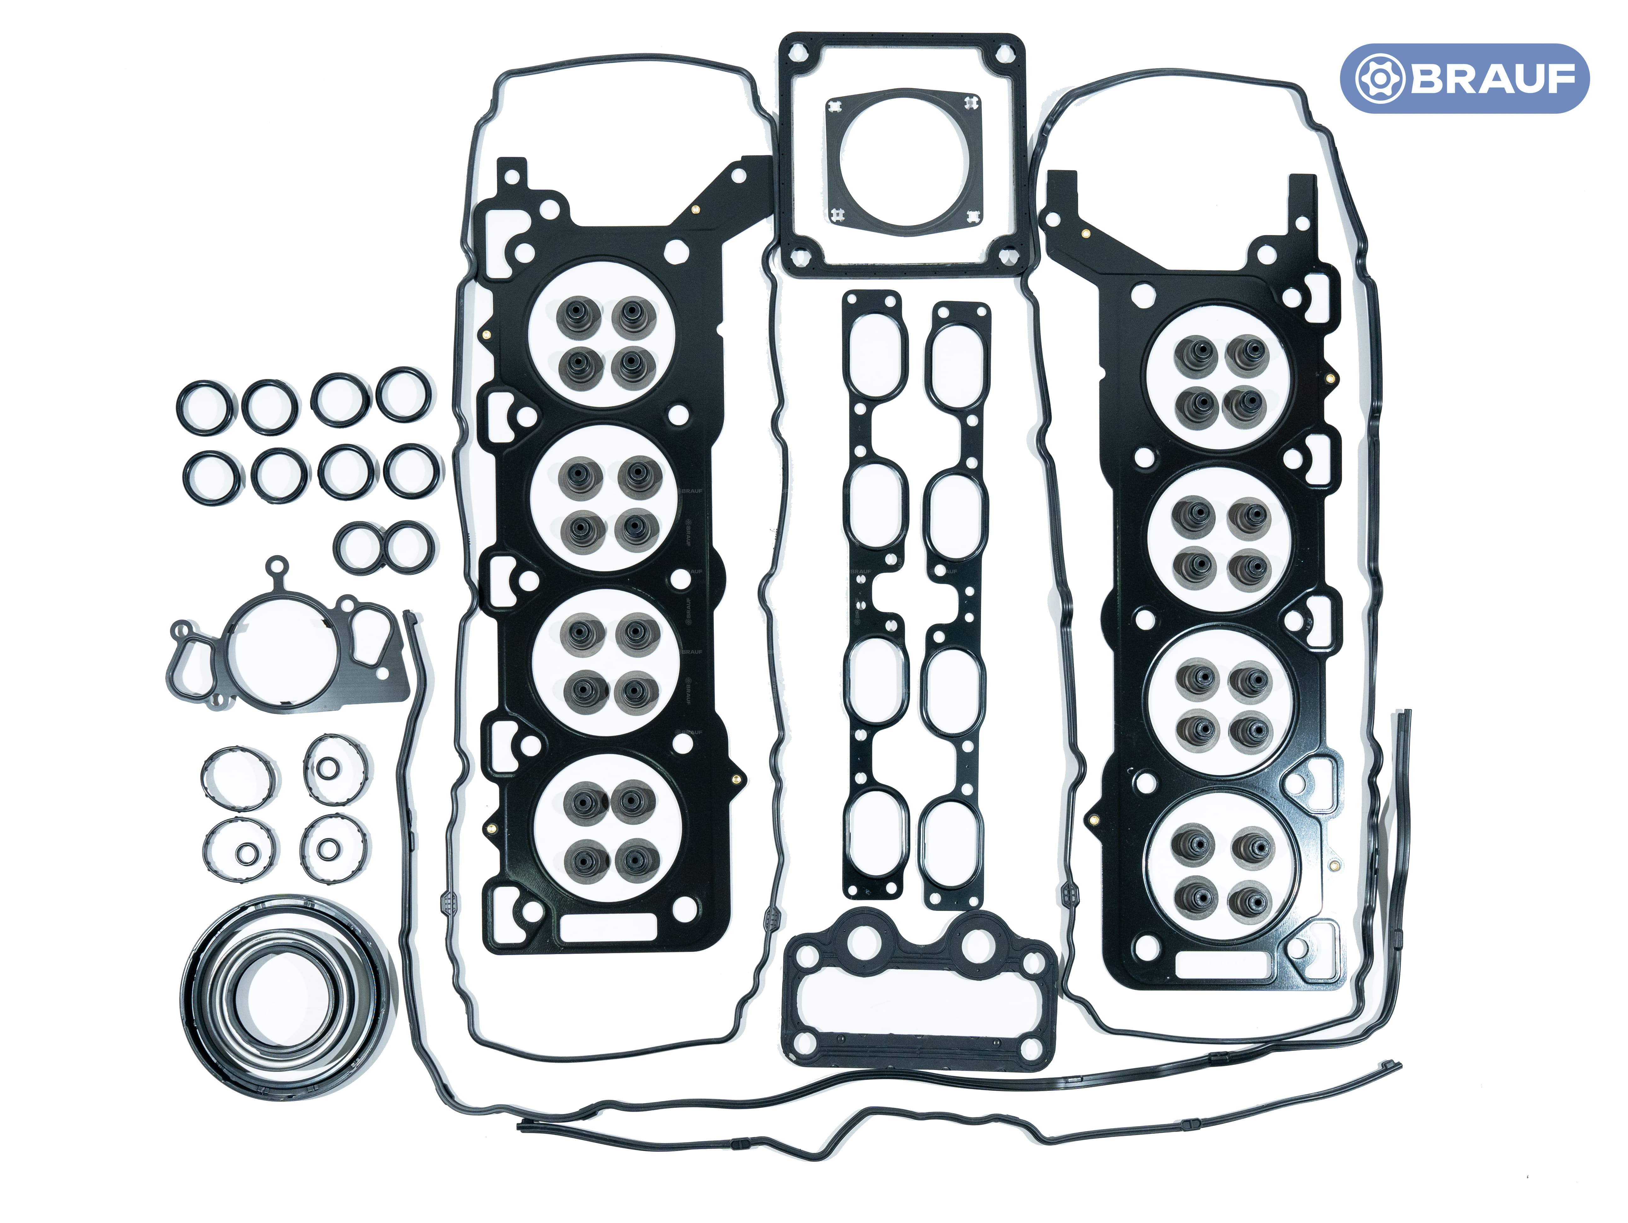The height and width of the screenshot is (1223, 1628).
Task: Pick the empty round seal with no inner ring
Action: (x=239, y=779)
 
